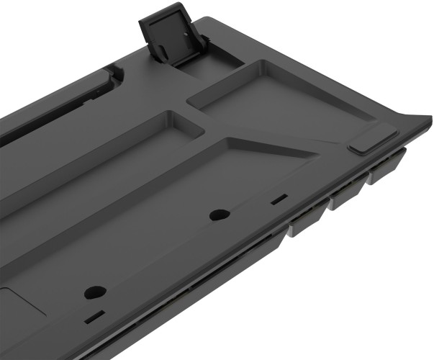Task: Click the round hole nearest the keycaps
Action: [219, 215]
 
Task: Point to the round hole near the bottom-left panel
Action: [94, 292]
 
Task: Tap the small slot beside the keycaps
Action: [278, 197]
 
